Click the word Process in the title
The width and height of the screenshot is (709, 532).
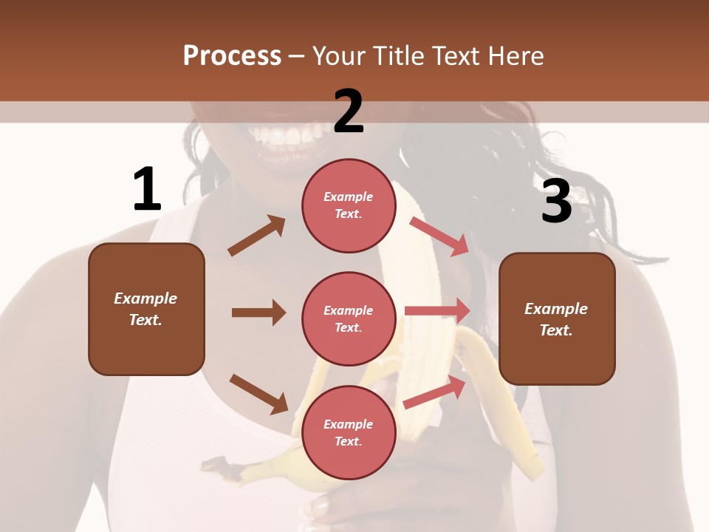[232, 56]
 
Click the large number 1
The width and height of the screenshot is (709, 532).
[147, 189]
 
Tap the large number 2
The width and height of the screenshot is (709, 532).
[349, 111]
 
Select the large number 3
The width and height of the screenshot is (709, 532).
[556, 202]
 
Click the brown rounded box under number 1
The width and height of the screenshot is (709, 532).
[146, 309]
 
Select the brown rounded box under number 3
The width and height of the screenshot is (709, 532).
[557, 318]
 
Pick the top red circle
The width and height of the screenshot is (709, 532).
[349, 205]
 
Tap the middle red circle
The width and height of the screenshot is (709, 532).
[349, 318]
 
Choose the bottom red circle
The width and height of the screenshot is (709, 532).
[349, 432]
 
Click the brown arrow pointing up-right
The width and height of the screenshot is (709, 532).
[257, 236]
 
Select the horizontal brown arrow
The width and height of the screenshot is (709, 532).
[258, 313]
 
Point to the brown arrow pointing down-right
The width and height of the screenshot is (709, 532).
[258, 394]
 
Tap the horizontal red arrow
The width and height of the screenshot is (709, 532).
[437, 310]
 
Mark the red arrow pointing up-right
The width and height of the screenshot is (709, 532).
[435, 392]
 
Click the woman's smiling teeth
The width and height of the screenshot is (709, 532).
[284, 135]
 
